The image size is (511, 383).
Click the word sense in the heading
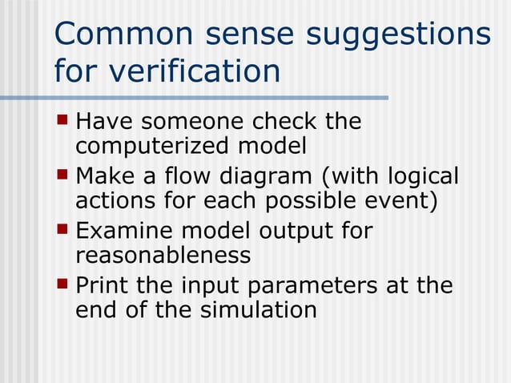click(x=252, y=34)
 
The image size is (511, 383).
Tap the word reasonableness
click(x=163, y=256)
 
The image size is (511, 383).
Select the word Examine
click(x=123, y=231)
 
